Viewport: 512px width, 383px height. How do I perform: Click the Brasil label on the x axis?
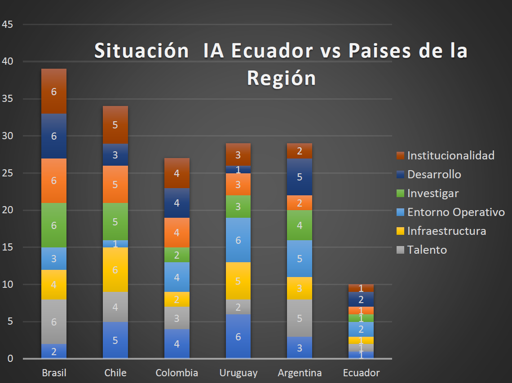click(54, 373)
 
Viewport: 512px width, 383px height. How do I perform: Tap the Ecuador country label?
click(361, 373)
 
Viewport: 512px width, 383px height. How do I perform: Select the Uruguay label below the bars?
click(238, 373)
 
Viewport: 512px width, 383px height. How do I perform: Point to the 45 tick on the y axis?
click(7, 24)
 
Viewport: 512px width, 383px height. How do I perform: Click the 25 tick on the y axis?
click(7, 173)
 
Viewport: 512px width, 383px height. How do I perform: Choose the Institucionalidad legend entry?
click(450, 155)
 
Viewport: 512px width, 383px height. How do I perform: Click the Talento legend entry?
click(427, 250)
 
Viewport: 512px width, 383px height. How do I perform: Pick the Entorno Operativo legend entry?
click(456, 212)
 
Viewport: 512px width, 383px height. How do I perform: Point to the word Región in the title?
click(281, 78)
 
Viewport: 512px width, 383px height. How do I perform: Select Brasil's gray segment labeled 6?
click(54, 322)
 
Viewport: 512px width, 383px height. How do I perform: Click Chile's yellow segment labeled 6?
click(115, 269)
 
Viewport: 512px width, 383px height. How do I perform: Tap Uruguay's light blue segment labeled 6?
click(238, 240)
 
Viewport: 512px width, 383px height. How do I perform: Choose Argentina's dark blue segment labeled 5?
click(300, 177)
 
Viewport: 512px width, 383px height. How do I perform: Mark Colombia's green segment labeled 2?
click(177, 255)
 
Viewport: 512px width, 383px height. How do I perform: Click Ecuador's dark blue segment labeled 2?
click(361, 299)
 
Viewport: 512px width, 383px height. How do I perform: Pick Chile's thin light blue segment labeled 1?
click(115, 244)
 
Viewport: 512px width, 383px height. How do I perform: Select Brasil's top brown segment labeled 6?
click(54, 92)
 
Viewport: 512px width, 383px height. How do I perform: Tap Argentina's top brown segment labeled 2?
click(300, 151)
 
